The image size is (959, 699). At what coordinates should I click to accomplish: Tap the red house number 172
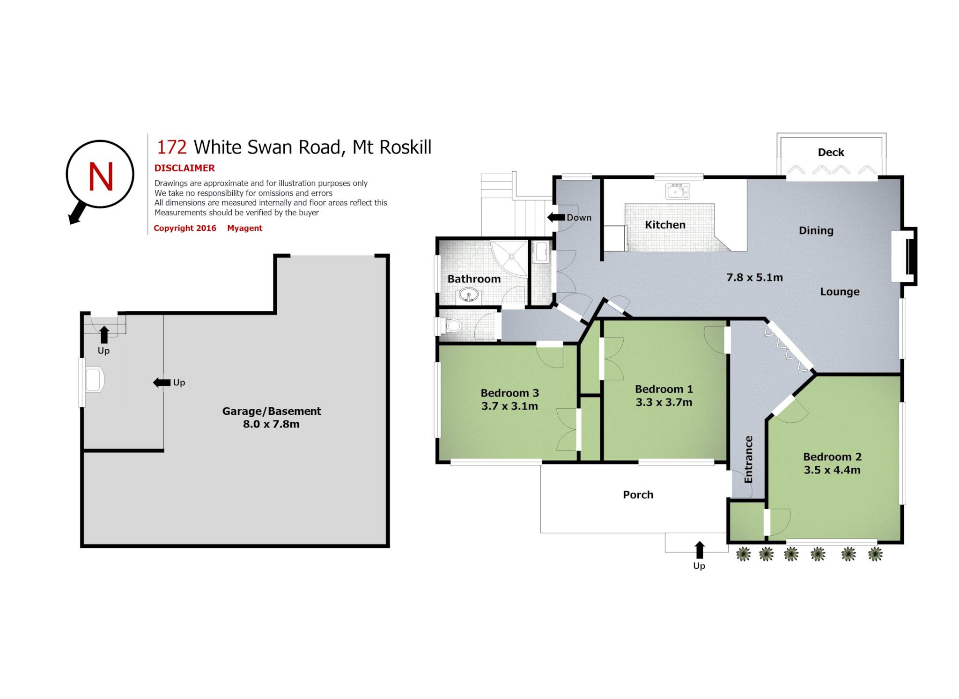pyautogui.click(x=171, y=147)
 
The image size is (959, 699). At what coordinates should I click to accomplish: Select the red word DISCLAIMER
pyautogui.click(x=184, y=168)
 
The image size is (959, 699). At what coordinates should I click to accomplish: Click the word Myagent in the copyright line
pyautogui.click(x=244, y=228)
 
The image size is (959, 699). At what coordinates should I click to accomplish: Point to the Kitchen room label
pyautogui.click(x=665, y=225)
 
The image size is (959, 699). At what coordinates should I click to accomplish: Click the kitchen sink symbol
pyautogui.click(x=677, y=191)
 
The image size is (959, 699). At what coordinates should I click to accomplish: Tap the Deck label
pyautogui.click(x=831, y=152)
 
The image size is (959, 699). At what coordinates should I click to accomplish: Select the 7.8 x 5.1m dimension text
pyautogui.click(x=754, y=277)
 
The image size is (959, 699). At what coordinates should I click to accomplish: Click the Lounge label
pyautogui.click(x=840, y=292)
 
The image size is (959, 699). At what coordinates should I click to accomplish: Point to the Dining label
pyautogui.click(x=816, y=230)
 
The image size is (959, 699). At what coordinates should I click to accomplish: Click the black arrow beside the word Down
pyautogui.click(x=556, y=217)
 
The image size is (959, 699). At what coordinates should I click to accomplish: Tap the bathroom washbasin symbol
pyautogui.click(x=468, y=295)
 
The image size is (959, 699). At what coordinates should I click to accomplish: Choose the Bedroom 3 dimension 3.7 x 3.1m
pyautogui.click(x=509, y=406)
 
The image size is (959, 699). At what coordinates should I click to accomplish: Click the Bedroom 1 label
pyautogui.click(x=664, y=389)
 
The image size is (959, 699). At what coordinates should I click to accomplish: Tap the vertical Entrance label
pyautogui.click(x=748, y=459)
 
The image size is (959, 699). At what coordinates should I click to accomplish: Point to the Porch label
pyautogui.click(x=638, y=495)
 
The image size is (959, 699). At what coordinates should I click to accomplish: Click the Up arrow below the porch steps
pyautogui.click(x=699, y=550)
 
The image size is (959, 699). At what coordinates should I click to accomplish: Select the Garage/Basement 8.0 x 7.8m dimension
pyautogui.click(x=271, y=424)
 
